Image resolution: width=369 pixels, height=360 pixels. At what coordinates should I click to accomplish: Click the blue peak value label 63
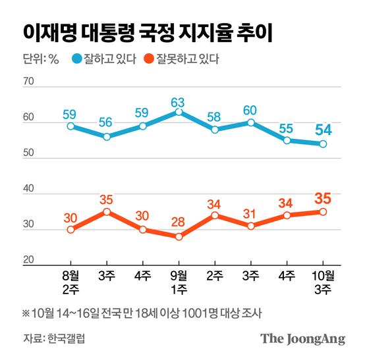[177, 102]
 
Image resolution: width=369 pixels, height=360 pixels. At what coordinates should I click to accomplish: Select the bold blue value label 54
[324, 128]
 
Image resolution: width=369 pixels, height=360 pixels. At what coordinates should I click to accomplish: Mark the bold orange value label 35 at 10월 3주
[324, 197]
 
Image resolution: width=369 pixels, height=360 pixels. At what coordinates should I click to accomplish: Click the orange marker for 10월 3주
[324, 211]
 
